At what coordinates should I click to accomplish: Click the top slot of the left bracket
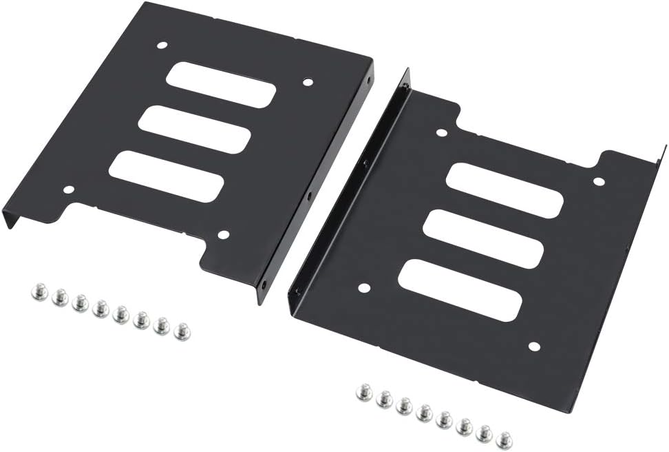(x=221, y=85)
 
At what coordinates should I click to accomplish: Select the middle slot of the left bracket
(x=194, y=130)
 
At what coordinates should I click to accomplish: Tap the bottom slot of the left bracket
(x=166, y=176)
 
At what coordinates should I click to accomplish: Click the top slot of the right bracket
(x=505, y=190)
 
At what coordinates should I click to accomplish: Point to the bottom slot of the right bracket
(x=459, y=289)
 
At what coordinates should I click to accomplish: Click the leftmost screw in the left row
(x=39, y=293)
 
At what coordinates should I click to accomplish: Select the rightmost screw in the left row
(x=182, y=331)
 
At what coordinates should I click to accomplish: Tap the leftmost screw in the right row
(x=364, y=393)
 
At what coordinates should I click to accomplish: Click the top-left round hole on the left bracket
(x=162, y=45)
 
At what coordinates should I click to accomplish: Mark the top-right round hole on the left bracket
(x=308, y=82)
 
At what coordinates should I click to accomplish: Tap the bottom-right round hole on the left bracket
(x=223, y=235)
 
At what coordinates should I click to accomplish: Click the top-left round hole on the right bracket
(x=441, y=132)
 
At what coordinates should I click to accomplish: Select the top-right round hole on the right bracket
(x=599, y=181)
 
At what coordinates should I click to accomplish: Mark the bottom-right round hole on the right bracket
(x=534, y=346)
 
